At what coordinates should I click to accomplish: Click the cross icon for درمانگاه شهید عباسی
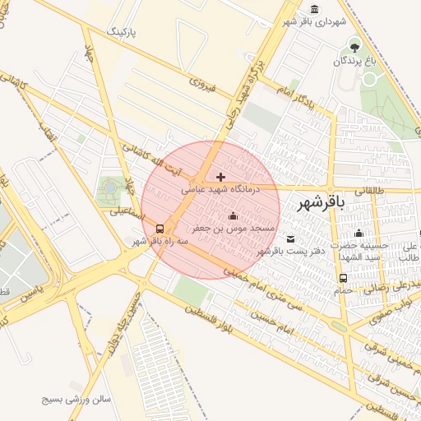(220, 177)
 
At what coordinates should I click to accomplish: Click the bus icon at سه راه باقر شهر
(159, 229)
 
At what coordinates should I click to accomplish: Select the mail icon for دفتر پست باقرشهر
(290, 238)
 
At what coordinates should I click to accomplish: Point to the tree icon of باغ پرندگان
(354, 46)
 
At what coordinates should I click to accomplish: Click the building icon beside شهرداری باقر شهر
(313, 10)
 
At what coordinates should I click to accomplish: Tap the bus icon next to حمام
(342, 279)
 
